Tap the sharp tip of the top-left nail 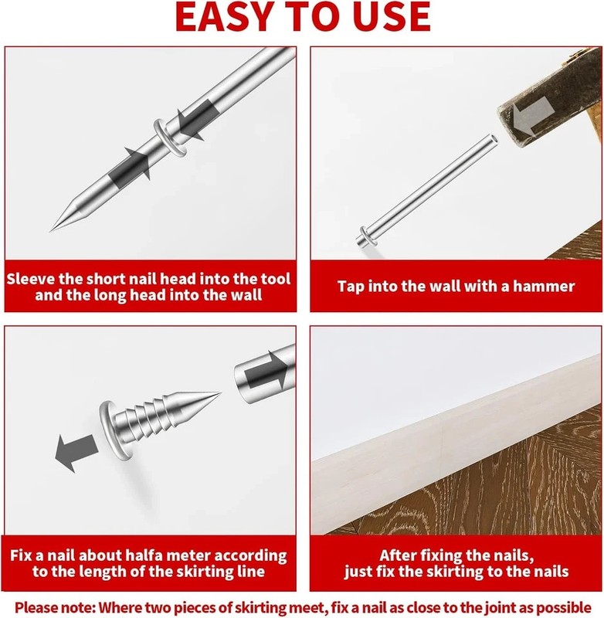51,230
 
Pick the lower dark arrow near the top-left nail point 131,165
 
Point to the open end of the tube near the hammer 493,139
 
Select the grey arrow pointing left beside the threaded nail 76,452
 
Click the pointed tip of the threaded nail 220,393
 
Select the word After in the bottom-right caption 399,555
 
